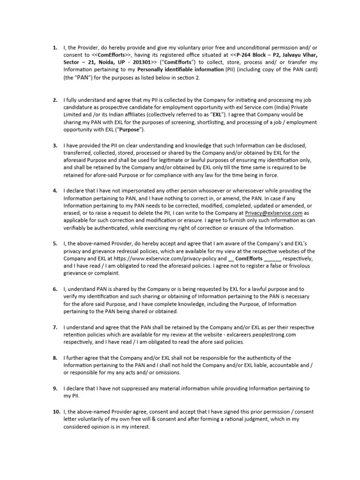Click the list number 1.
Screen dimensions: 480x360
54,48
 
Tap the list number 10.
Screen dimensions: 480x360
55,412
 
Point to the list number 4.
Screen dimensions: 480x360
54,191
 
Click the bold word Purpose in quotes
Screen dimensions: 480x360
115,129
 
